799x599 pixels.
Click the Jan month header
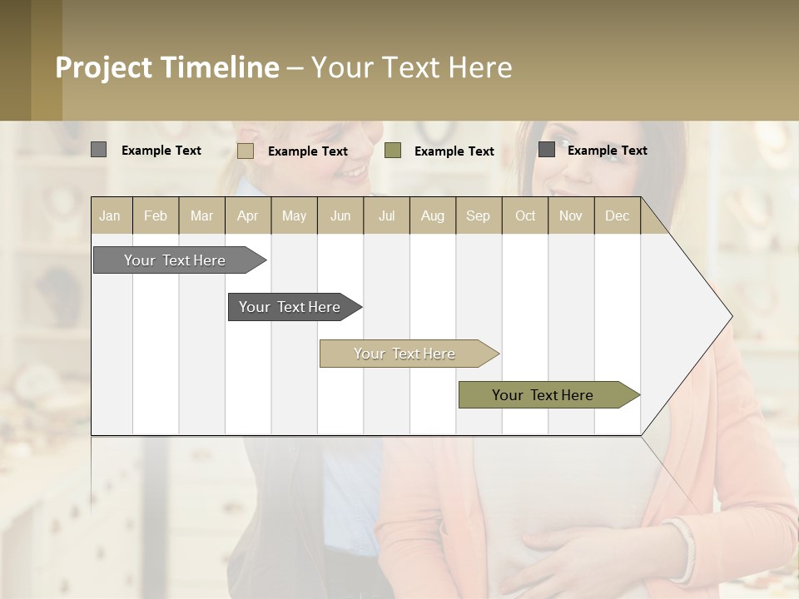pyautogui.click(x=110, y=216)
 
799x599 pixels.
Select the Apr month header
pyautogui.click(x=248, y=216)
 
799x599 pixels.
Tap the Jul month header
pyautogui.click(x=386, y=216)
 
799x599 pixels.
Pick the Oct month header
pyautogui.click(x=525, y=216)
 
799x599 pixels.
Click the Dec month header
pyautogui.click(x=617, y=216)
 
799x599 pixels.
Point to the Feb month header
pyautogui.click(x=156, y=216)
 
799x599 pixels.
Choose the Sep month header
pyautogui.click(x=478, y=216)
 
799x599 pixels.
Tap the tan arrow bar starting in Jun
pyautogui.click(x=405, y=354)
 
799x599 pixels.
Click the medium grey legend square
pyautogui.click(x=99, y=150)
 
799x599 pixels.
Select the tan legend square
pyautogui.click(x=246, y=151)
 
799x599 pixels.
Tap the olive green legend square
pyautogui.click(x=393, y=150)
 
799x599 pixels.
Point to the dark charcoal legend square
pyautogui.click(x=547, y=150)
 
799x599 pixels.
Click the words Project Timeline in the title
pyautogui.click(x=167, y=67)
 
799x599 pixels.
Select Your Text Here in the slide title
pyautogui.click(x=412, y=67)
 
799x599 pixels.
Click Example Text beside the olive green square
pyautogui.click(x=454, y=151)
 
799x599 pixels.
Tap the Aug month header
pyautogui.click(x=432, y=216)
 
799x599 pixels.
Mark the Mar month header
pyautogui.click(x=201, y=216)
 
